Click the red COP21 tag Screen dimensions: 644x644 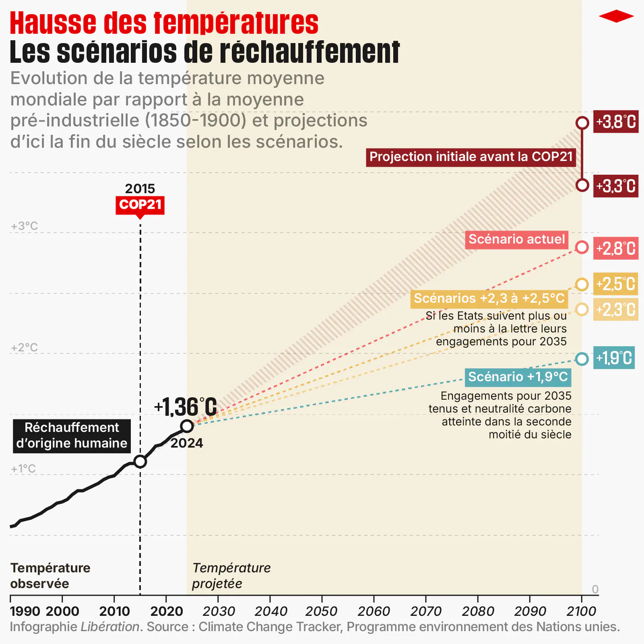coord(140,205)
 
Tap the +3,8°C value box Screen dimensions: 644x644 coord(616,122)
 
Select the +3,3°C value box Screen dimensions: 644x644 coord(616,186)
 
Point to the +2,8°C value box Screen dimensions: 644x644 coord(616,248)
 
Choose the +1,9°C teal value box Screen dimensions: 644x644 coord(614,358)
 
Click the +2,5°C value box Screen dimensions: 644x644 coord(616,284)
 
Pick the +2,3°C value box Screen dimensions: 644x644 coord(616,310)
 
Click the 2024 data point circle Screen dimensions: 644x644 coord(187,426)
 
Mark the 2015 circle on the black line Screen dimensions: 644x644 coord(140,461)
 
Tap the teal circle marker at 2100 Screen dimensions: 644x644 coord(582,359)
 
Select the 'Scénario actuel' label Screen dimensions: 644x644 coord(517,239)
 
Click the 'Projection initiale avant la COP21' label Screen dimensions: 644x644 coord(471,157)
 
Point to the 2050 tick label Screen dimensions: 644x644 coord(321,611)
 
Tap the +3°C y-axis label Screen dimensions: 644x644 coord(25,226)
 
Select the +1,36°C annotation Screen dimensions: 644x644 coord(186,407)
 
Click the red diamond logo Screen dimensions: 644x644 coord(616,17)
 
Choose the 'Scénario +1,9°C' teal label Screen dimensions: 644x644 coord(518,377)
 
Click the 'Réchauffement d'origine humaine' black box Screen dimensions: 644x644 coord(72,436)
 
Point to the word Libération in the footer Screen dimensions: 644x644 coord(110,627)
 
